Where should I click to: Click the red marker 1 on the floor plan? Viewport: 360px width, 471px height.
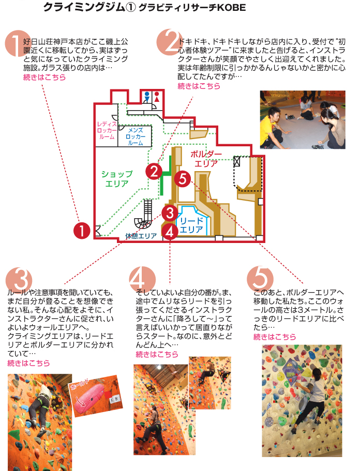click(x=82, y=231)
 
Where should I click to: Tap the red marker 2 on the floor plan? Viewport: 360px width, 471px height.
click(x=154, y=171)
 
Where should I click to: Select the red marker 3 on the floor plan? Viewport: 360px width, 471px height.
click(x=170, y=213)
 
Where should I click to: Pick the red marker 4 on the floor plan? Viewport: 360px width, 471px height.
click(x=170, y=232)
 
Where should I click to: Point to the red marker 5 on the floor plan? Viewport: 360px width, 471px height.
click(x=183, y=179)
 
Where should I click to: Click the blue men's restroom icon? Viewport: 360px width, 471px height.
click(x=147, y=97)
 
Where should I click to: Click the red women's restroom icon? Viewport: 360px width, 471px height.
click(x=157, y=97)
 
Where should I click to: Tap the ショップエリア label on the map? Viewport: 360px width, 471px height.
click(x=117, y=179)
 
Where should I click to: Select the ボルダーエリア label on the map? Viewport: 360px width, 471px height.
click(x=206, y=159)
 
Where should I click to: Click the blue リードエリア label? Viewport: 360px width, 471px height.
click(x=191, y=225)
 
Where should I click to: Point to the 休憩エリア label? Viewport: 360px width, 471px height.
click(x=141, y=236)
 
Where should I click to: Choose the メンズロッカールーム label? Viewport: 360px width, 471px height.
click(x=136, y=136)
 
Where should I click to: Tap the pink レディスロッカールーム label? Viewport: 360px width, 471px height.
click(x=107, y=130)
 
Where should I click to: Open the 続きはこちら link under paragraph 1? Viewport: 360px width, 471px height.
click(x=44, y=77)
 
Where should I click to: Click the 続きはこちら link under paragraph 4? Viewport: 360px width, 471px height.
click(x=157, y=355)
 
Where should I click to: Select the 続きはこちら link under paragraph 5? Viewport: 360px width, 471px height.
click(x=275, y=337)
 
